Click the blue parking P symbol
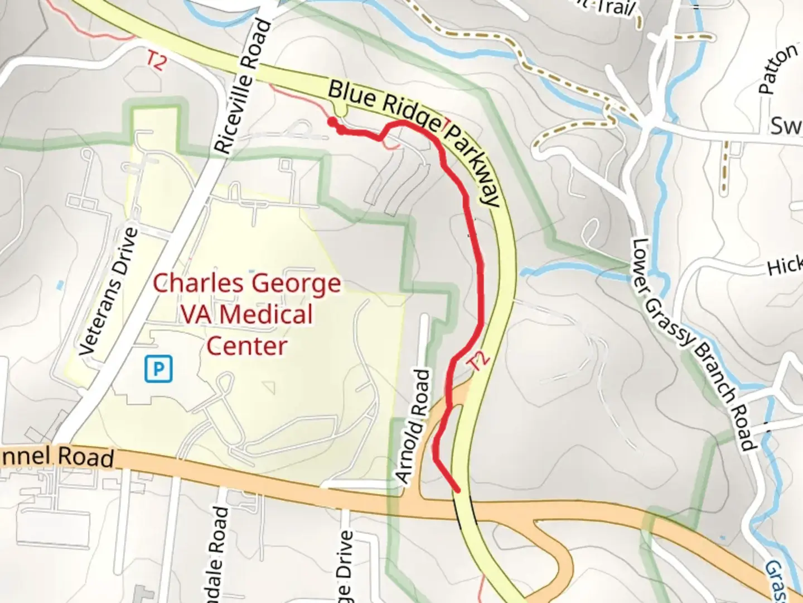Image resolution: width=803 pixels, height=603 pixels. pos(159,370)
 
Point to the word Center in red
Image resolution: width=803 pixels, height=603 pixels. pos(246,346)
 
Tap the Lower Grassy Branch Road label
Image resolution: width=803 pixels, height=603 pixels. pos(694,344)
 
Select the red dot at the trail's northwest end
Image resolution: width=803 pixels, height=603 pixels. pos(332,122)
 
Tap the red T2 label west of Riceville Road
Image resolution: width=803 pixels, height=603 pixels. pos(156,60)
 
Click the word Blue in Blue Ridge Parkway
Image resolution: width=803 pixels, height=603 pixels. pos(350,95)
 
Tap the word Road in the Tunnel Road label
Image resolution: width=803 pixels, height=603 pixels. pos(88,457)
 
